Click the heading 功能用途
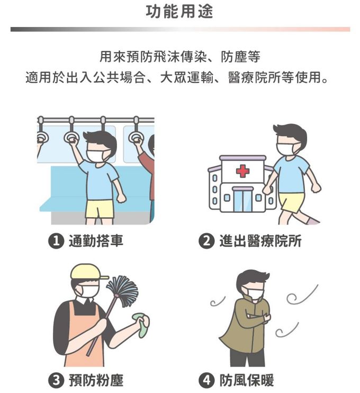pos(179,11)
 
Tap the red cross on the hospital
pos(242,171)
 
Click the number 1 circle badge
pos(56,241)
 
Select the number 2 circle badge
pos(206,241)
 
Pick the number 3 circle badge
pos(56,380)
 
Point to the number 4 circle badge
pos(206,380)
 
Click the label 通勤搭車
pos(96,241)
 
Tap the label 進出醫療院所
pos(260,241)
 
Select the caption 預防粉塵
pos(96,380)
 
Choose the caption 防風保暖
pos(247,380)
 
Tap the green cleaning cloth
pos(141,324)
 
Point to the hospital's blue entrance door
pos(242,200)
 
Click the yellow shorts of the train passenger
pos(100,209)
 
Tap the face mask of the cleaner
pos(88,291)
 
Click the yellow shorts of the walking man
pos(292,202)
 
